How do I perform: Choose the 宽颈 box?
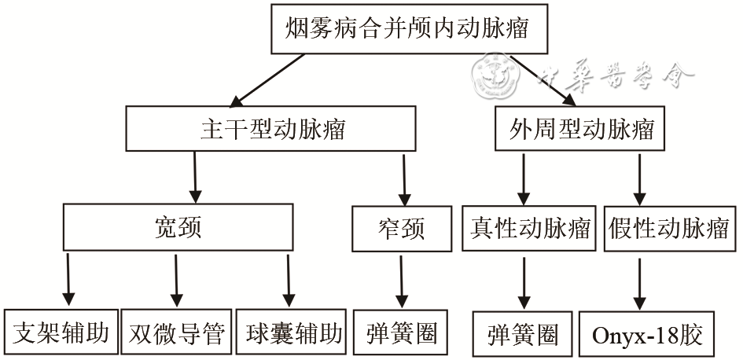[x=178, y=227]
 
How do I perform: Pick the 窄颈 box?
[x=402, y=229]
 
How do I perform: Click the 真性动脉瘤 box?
[x=530, y=229]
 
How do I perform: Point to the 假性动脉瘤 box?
[x=669, y=229]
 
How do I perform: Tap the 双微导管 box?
[x=176, y=334]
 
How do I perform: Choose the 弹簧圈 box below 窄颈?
[x=402, y=333]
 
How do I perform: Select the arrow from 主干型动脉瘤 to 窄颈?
[x=405, y=178]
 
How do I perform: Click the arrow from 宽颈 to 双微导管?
[x=175, y=279]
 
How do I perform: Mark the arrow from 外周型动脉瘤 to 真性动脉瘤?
[x=523, y=178]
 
